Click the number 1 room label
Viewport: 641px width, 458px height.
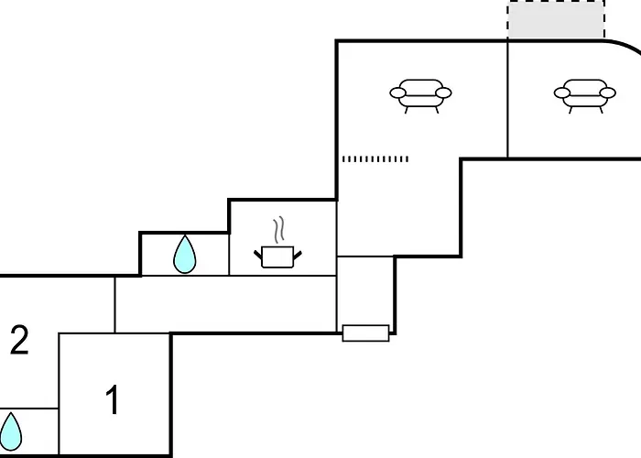pyautogui.click(x=113, y=399)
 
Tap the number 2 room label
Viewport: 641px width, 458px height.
pyautogui.click(x=19, y=340)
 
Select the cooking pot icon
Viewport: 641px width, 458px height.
pyautogui.click(x=277, y=256)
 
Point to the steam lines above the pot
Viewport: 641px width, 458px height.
pyautogui.click(x=278, y=229)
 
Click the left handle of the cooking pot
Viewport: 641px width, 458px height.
pyautogui.click(x=258, y=256)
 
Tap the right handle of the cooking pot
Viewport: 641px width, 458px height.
pyautogui.click(x=298, y=256)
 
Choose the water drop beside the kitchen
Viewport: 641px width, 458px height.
pyautogui.click(x=184, y=254)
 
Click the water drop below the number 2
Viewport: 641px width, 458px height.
pyautogui.click(x=10, y=431)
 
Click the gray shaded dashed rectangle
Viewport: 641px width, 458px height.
pyautogui.click(x=556, y=19)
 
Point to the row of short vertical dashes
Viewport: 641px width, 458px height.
pyautogui.click(x=375, y=158)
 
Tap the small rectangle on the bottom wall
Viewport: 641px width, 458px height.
pyautogui.click(x=365, y=333)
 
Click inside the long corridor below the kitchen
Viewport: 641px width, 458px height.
pyautogui.click(x=225, y=304)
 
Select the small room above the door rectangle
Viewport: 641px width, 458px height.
pyautogui.click(x=365, y=290)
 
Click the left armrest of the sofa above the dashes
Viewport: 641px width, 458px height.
pyautogui.click(x=397, y=93)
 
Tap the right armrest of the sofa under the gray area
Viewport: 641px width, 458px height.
pyautogui.click(x=607, y=93)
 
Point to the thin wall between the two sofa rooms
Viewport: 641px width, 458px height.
pyautogui.click(x=507, y=99)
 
